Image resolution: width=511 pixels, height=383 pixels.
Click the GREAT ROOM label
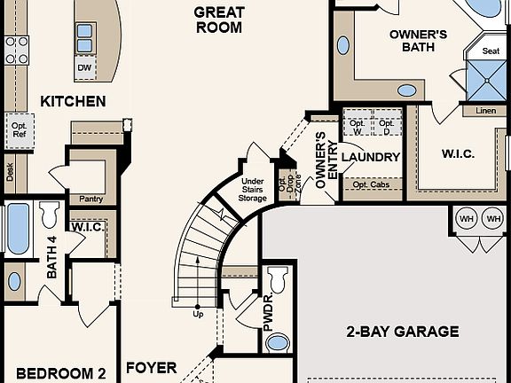coord(219,20)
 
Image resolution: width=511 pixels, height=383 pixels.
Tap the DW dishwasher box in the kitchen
coord(84,67)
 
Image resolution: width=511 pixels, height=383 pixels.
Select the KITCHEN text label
coord(73,101)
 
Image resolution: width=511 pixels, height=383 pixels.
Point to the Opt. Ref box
coord(20,129)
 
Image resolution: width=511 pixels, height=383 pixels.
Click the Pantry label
coord(91,199)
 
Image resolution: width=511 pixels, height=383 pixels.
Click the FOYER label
coord(151,367)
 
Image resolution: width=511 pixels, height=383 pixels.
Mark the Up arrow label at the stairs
coord(198,314)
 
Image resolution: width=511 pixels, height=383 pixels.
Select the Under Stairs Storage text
coord(253,189)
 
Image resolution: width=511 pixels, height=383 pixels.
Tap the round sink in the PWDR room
coord(278,342)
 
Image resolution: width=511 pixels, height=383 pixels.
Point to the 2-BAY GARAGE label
coord(402,332)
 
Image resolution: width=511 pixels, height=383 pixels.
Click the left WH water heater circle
coord(466,218)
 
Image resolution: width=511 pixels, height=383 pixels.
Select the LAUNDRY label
coord(371,158)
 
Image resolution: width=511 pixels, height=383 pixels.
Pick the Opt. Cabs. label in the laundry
coord(371,184)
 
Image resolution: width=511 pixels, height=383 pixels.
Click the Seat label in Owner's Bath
coord(490,51)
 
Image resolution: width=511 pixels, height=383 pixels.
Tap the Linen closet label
coord(485,111)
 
